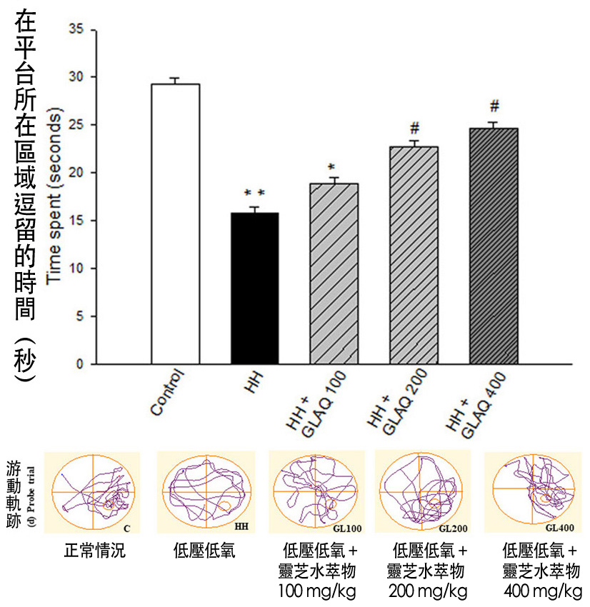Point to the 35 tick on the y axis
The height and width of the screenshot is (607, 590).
(x=75, y=29)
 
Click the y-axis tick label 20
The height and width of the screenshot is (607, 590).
(x=75, y=173)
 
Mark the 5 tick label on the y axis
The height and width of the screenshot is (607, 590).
(x=79, y=316)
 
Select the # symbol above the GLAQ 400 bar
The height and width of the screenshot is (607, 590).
(x=494, y=106)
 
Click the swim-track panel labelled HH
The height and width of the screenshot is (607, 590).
(x=206, y=492)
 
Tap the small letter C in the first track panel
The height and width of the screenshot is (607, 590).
(x=126, y=528)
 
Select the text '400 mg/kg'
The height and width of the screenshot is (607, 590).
(x=542, y=592)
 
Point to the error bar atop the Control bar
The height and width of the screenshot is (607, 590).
(x=175, y=80)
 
